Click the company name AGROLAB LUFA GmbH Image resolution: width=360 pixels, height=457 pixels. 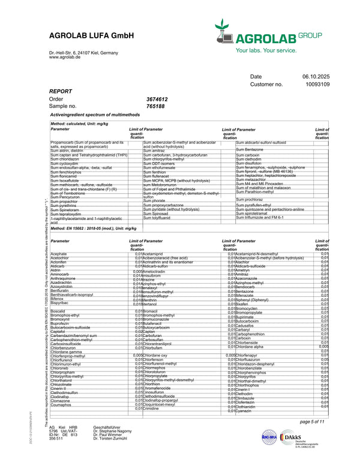click(91, 37)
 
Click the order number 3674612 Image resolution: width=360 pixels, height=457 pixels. click(157, 99)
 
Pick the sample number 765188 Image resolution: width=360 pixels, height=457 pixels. click(155, 106)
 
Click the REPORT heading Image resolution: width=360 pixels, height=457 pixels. click(61, 91)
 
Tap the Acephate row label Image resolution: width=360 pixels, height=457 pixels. click(59, 254)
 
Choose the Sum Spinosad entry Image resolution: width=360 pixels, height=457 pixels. click(157, 214)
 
